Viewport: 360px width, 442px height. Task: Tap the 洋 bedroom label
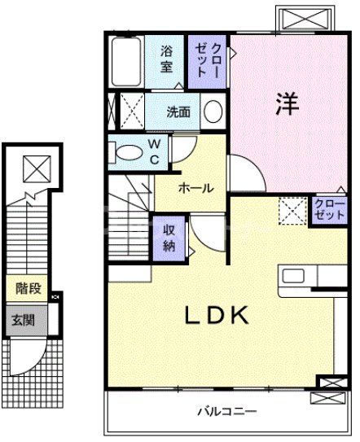click(286, 104)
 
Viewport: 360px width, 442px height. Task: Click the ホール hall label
click(195, 188)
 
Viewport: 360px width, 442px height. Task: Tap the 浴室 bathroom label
click(166, 59)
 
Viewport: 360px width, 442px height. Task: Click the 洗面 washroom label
click(178, 112)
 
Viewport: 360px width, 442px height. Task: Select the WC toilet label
click(152, 152)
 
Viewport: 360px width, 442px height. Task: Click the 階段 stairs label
click(29, 288)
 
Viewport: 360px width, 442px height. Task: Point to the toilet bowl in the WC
click(128, 152)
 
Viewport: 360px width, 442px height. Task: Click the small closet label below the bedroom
click(328, 210)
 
